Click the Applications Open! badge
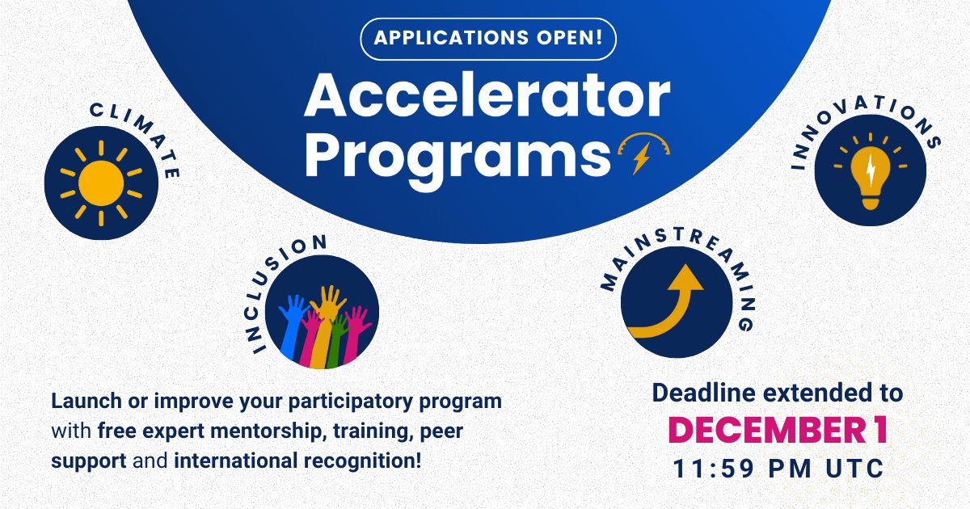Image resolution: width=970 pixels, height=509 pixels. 489,38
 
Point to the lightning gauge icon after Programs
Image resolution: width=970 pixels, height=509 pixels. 643,153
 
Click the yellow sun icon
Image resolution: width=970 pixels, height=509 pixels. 101,182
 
